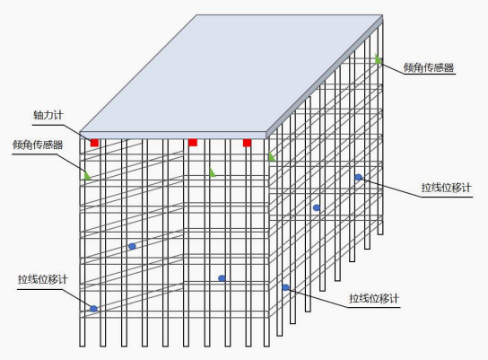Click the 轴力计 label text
[48, 115]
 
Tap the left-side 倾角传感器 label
[38, 145]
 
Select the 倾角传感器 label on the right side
[429, 67]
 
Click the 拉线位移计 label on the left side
[43, 279]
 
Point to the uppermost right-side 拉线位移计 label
[447, 188]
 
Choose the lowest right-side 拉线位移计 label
[374, 298]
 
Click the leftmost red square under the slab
[94, 143]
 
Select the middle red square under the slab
[193, 143]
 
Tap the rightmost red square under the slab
[247, 143]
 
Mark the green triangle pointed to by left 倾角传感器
[87, 176]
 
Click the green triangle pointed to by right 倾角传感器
[379, 59]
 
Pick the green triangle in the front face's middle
[213, 172]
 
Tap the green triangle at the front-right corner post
[272, 156]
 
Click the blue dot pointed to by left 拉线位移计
[93, 309]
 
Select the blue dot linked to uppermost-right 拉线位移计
[359, 177]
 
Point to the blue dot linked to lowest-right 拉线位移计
[285, 287]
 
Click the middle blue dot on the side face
[317, 207]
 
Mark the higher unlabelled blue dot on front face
[132, 246]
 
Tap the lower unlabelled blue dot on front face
[222, 278]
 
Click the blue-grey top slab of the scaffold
[231, 74]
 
